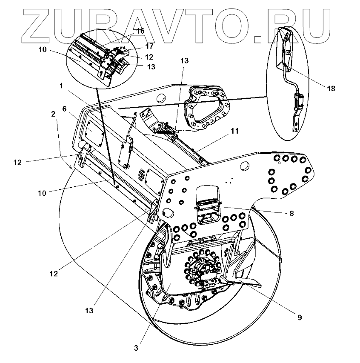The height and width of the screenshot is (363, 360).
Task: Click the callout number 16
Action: coord(140,31)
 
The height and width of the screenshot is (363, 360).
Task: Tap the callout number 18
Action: coord(331,89)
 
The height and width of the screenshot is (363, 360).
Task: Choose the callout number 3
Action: coord(136,348)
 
